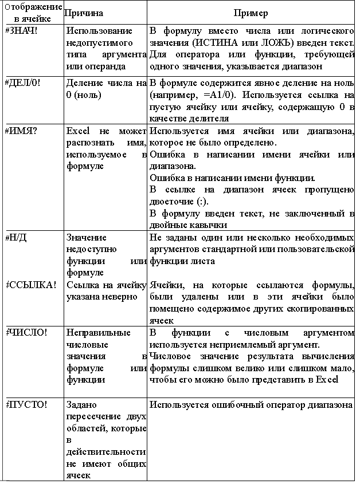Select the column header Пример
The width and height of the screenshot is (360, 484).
pyautogui.click(x=251, y=13)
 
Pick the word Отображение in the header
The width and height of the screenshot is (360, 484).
pyautogui.click(x=33, y=7)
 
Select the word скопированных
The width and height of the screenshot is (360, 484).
pyautogui.click(x=320, y=308)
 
